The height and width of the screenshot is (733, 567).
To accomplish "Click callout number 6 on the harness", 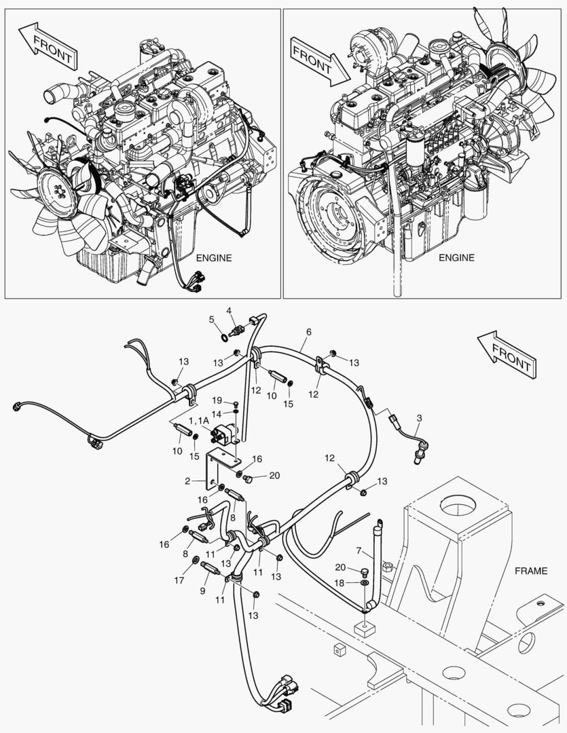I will (309, 332).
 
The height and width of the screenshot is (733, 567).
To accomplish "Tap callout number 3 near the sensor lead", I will (419, 419).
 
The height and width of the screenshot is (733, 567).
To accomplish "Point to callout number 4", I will (230, 311).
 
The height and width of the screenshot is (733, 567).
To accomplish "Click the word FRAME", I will (530, 571).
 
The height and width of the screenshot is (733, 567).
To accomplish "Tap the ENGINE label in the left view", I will (213, 258).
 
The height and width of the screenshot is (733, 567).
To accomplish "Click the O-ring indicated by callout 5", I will (225, 336).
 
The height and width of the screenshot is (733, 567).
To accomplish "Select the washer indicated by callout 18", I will (365, 582).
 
